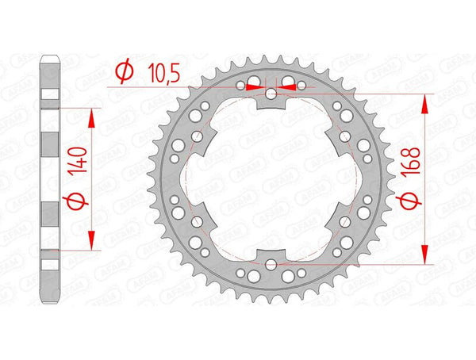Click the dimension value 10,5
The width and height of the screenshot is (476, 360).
pos(164,74)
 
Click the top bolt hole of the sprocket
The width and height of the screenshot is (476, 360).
pos(271,95)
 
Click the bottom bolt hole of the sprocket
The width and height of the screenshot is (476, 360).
pos(271,263)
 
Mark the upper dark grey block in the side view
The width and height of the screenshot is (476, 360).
pos(49,149)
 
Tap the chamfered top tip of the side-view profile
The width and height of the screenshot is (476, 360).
pos(49,58)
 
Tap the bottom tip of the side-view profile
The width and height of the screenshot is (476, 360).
pos(49,302)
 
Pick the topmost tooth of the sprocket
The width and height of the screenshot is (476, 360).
pos(271,56)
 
